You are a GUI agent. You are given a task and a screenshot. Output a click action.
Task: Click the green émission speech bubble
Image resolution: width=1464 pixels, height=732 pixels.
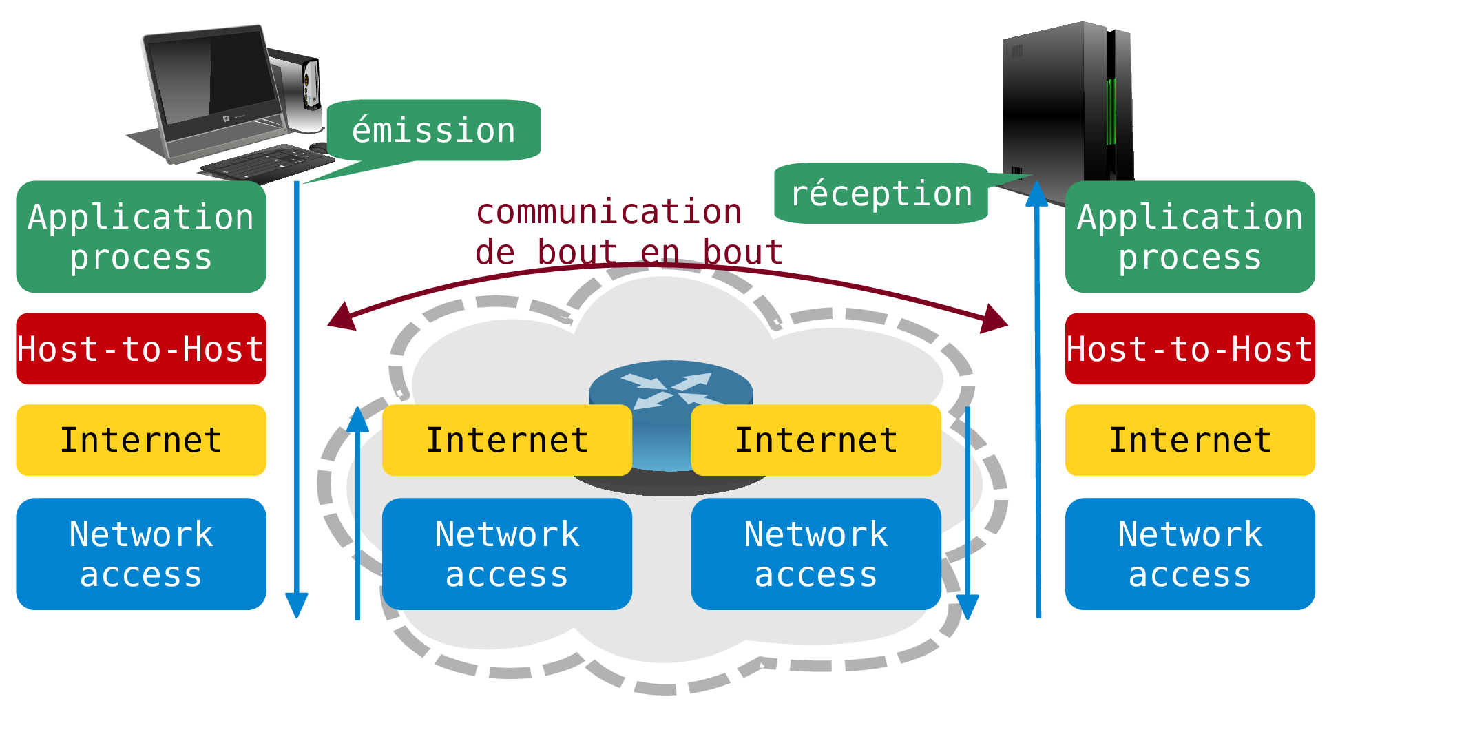pos(434,130)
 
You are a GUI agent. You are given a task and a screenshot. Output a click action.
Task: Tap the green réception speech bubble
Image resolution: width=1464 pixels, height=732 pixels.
pos(881,194)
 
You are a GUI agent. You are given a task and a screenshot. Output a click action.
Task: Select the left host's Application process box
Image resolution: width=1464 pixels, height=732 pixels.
pos(141,236)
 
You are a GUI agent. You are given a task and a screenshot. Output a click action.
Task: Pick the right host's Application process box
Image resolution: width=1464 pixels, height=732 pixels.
pos(1190,236)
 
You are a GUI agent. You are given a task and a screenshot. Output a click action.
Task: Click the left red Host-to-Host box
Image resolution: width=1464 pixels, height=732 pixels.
pos(141,348)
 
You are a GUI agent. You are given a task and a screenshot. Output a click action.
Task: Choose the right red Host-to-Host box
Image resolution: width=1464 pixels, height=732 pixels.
pos(1190,348)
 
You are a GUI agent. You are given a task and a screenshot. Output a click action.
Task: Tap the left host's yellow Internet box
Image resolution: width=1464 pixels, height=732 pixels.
pos(141,440)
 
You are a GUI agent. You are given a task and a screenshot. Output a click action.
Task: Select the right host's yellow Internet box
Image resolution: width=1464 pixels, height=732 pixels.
pos(1190,440)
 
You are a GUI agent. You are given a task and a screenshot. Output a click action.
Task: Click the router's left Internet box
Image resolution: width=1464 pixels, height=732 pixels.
pos(507,440)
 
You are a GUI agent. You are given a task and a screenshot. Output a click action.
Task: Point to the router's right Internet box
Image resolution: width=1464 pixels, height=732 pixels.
pos(816,440)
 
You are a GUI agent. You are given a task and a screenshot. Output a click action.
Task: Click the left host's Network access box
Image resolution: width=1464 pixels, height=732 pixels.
pos(141,554)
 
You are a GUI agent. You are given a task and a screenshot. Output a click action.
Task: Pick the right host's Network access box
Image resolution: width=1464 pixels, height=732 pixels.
pos(1190,554)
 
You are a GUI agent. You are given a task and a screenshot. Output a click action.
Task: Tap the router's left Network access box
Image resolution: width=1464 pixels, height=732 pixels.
pos(507,554)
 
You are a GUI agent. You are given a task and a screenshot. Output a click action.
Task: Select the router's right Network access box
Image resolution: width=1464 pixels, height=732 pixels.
pos(816,554)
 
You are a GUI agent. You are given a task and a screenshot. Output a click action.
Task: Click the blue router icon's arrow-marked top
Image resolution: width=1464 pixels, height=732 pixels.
pos(670,386)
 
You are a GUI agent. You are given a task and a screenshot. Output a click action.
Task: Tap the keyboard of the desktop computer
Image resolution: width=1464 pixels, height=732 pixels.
pos(265,163)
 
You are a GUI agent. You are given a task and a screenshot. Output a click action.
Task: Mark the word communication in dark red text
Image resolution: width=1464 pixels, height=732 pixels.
pos(609,211)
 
